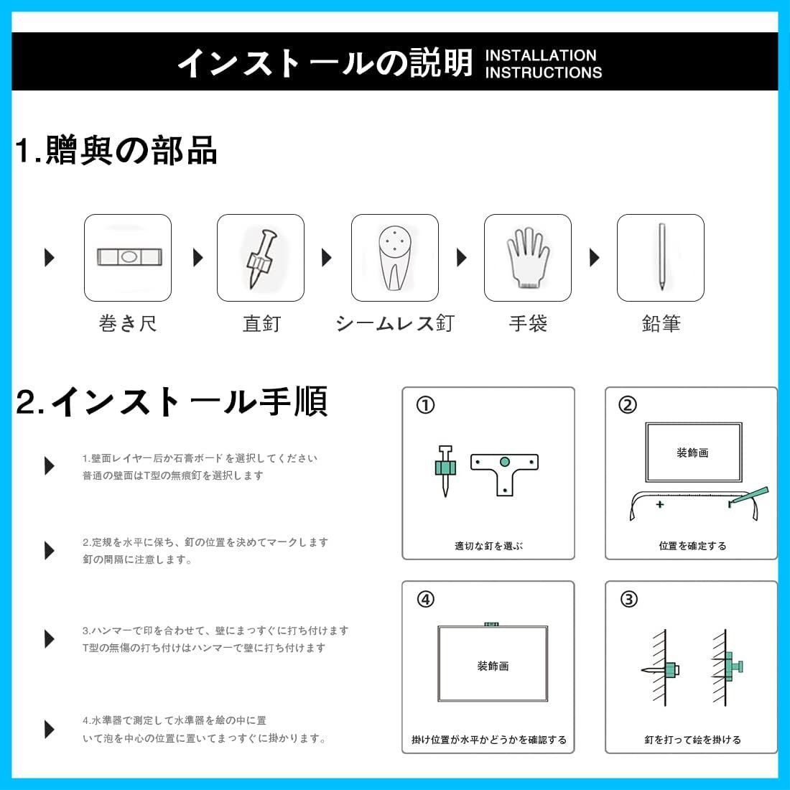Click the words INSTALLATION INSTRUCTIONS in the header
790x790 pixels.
(x=543, y=64)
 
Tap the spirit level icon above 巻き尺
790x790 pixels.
(x=128, y=257)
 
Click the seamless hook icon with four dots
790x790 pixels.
(x=394, y=257)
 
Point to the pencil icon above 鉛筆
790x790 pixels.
(x=661, y=257)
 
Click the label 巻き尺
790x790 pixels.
(x=128, y=323)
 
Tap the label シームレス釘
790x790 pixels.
(x=394, y=323)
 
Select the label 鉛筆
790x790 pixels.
(x=661, y=323)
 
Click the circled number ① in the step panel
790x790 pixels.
(x=425, y=406)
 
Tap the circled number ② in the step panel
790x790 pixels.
(x=628, y=406)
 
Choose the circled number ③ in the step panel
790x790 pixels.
(x=628, y=599)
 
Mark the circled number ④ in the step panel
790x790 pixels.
(x=425, y=599)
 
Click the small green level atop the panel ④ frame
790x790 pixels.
(x=492, y=625)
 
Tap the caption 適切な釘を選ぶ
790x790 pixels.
(x=488, y=546)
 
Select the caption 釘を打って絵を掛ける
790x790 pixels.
(x=692, y=739)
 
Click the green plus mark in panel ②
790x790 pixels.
(x=659, y=504)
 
